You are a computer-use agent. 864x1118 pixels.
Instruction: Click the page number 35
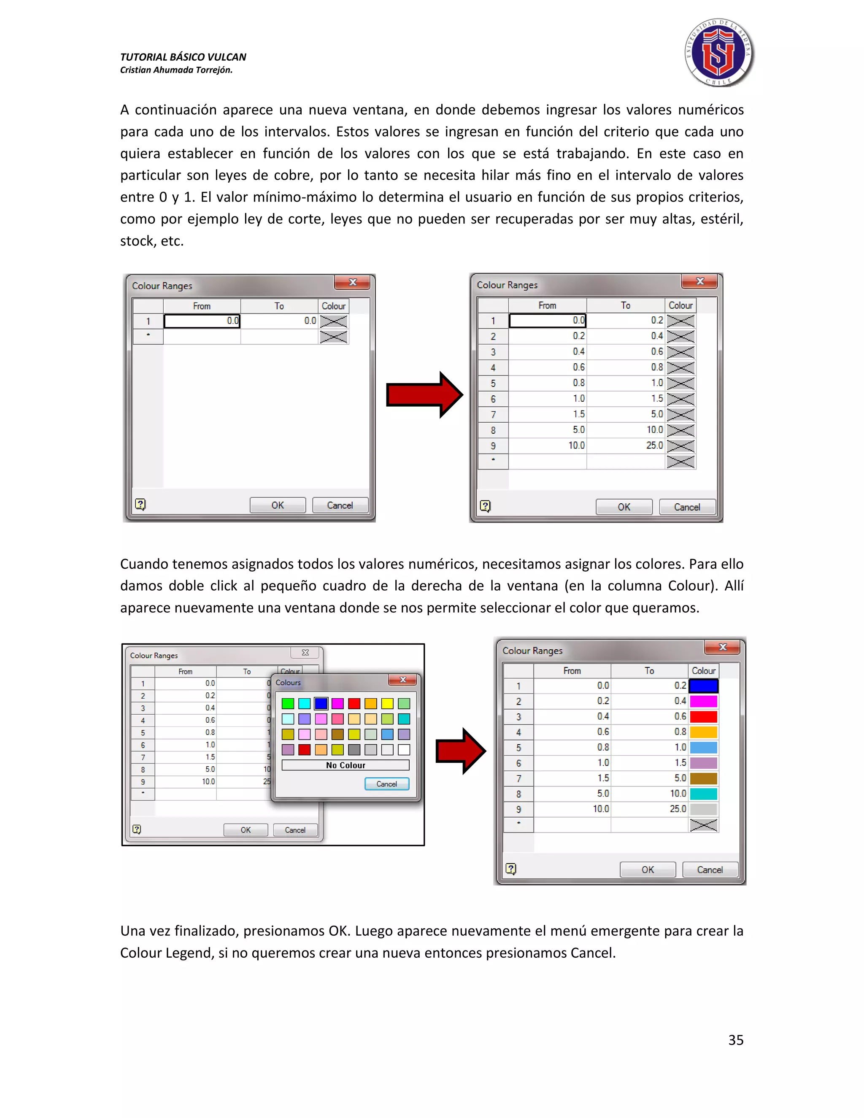click(x=735, y=1040)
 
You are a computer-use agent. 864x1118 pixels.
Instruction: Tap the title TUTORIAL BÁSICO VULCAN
click(x=183, y=57)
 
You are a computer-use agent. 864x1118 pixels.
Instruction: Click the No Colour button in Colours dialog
click(x=346, y=765)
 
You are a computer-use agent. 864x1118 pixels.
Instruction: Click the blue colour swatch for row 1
click(x=704, y=686)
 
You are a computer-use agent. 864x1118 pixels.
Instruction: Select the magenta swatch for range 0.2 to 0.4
click(x=704, y=701)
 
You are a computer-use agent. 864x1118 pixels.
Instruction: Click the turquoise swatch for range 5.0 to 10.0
click(x=704, y=794)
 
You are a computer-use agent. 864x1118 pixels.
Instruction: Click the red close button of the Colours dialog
click(x=403, y=680)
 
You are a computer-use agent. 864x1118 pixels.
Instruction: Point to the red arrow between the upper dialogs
click(x=424, y=395)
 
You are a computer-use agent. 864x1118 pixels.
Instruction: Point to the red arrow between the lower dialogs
click(x=460, y=751)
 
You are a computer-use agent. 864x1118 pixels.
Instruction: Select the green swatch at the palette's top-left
click(x=288, y=704)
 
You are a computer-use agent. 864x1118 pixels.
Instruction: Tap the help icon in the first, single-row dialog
click(x=140, y=505)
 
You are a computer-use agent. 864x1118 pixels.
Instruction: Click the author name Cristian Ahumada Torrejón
click(x=176, y=70)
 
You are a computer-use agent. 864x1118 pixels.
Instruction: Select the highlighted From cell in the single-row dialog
click(x=202, y=321)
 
